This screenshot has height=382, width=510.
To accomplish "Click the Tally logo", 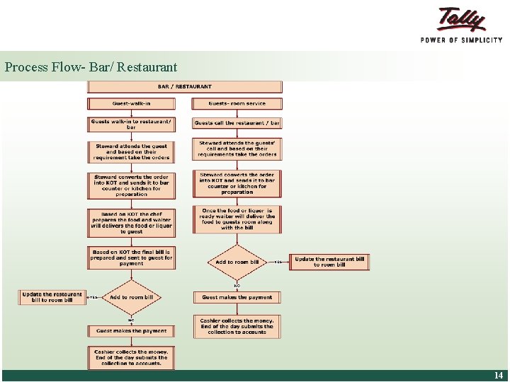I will pyautogui.click(x=462, y=20).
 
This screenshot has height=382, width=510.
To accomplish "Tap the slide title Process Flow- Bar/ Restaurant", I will pyautogui.click(x=91, y=68).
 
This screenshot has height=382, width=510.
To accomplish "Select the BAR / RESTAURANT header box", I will pyautogui.click(x=184, y=87).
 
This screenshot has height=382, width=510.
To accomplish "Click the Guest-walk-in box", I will pyautogui.click(x=131, y=103).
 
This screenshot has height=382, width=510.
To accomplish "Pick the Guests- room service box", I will pyautogui.click(x=237, y=103).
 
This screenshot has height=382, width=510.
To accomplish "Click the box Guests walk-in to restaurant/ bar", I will pyautogui.click(x=131, y=124).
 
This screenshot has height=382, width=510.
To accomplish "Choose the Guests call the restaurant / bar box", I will pyautogui.click(x=237, y=123).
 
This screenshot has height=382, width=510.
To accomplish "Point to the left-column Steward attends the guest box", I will pyautogui.click(x=131, y=151).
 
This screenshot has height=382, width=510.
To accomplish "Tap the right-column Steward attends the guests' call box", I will pyautogui.click(x=237, y=149).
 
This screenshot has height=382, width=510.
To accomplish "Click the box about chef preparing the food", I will pyautogui.click(x=131, y=222).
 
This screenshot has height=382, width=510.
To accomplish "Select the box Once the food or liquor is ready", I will pyautogui.click(x=237, y=219).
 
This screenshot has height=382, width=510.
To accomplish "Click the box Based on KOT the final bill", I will pyautogui.click(x=131, y=257).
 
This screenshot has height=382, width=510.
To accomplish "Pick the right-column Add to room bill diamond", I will pyautogui.click(x=237, y=262).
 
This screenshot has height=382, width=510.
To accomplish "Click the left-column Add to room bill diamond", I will pyautogui.click(x=131, y=297).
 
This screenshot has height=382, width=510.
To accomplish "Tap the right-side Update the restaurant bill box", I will pyautogui.click(x=329, y=262).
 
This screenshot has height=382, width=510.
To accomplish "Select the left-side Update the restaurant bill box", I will pyautogui.click(x=52, y=297).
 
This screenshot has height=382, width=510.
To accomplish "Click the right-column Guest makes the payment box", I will pyautogui.click(x=237, y=297).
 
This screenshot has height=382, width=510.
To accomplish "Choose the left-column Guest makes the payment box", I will pyautogui.click(x=131, y=330).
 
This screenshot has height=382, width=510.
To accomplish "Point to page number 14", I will pyautogui.click(x=498, y=376).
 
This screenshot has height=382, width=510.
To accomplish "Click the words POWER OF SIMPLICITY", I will pyautogui.click(x=462, y=40).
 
